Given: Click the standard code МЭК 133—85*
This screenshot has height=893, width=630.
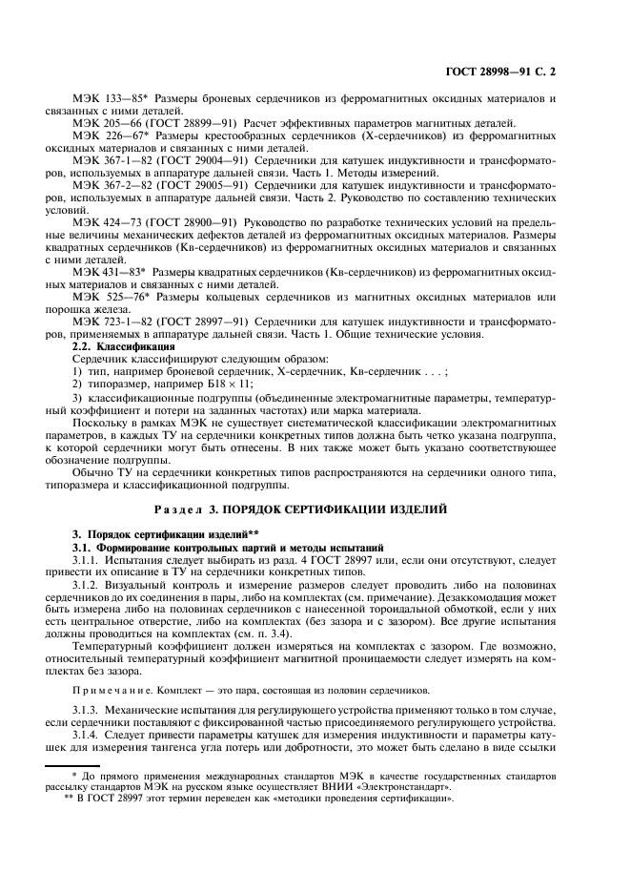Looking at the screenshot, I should point(108,99).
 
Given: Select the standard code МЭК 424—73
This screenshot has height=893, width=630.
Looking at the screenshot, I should point(103,220).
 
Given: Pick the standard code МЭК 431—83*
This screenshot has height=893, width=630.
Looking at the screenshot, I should point(108,271).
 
